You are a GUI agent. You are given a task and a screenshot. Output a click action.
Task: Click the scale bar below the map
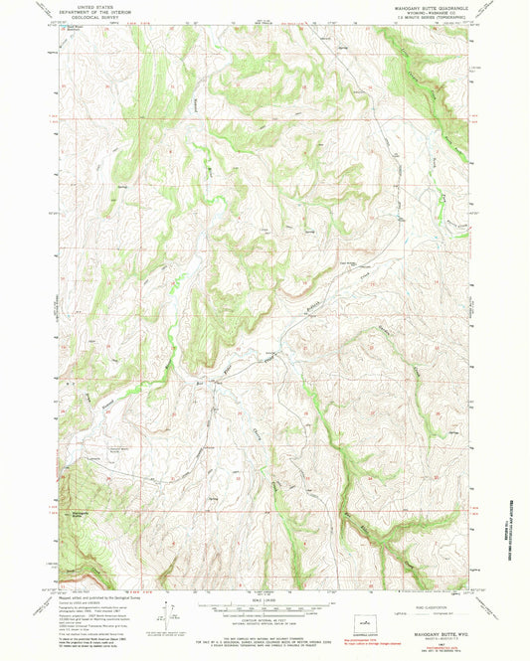click(265, 607)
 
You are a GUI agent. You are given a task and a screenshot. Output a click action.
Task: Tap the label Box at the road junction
click(201, 382)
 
